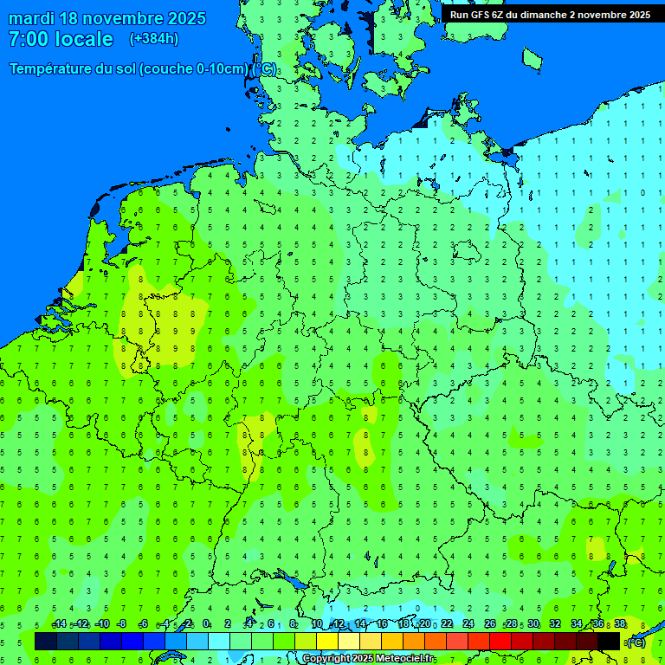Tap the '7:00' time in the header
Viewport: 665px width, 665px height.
tap(29, 40)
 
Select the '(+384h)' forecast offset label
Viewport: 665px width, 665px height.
tap(154, 39)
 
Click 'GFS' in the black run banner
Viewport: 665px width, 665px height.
tap(481, 15)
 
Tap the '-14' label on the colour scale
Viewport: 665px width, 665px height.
tap(58, 624)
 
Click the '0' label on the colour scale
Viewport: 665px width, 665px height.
tap(206, 624)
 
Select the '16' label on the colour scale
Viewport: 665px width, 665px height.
tap(382, 624)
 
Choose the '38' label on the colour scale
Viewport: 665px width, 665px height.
tap(620, 624)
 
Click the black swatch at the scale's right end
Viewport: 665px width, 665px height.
tap(609, 641)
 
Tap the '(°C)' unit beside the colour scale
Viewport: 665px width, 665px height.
tap(636, 642)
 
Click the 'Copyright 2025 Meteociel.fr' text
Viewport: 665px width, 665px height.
tap(368, 659)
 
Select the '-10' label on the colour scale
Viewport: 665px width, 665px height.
tap(101, 624)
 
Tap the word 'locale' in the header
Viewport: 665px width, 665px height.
tap(83, 40)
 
